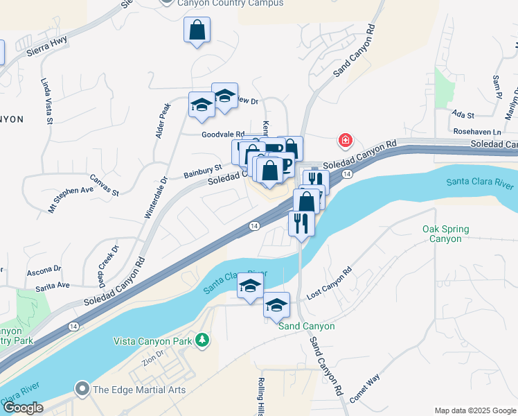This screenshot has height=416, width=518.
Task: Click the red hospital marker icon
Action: [345, 141]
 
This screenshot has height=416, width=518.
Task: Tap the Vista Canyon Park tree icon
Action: [202, 340]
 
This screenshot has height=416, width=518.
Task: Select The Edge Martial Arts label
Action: [139, 390]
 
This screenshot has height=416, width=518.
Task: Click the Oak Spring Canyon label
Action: [445, 234]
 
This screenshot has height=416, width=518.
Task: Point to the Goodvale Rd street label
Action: [224, 135]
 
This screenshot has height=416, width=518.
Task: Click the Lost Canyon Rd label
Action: [329, 283]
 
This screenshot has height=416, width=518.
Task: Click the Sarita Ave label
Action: [53, 285]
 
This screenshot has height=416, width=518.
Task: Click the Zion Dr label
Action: [152, 358]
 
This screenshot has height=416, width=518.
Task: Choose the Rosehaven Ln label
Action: [477, 132]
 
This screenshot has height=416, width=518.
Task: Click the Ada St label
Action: [462, 114]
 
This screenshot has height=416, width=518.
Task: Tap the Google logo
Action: [23, 408]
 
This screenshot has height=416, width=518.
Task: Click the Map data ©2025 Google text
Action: [474, 410]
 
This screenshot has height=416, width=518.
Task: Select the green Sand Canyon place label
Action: [307, 326]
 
